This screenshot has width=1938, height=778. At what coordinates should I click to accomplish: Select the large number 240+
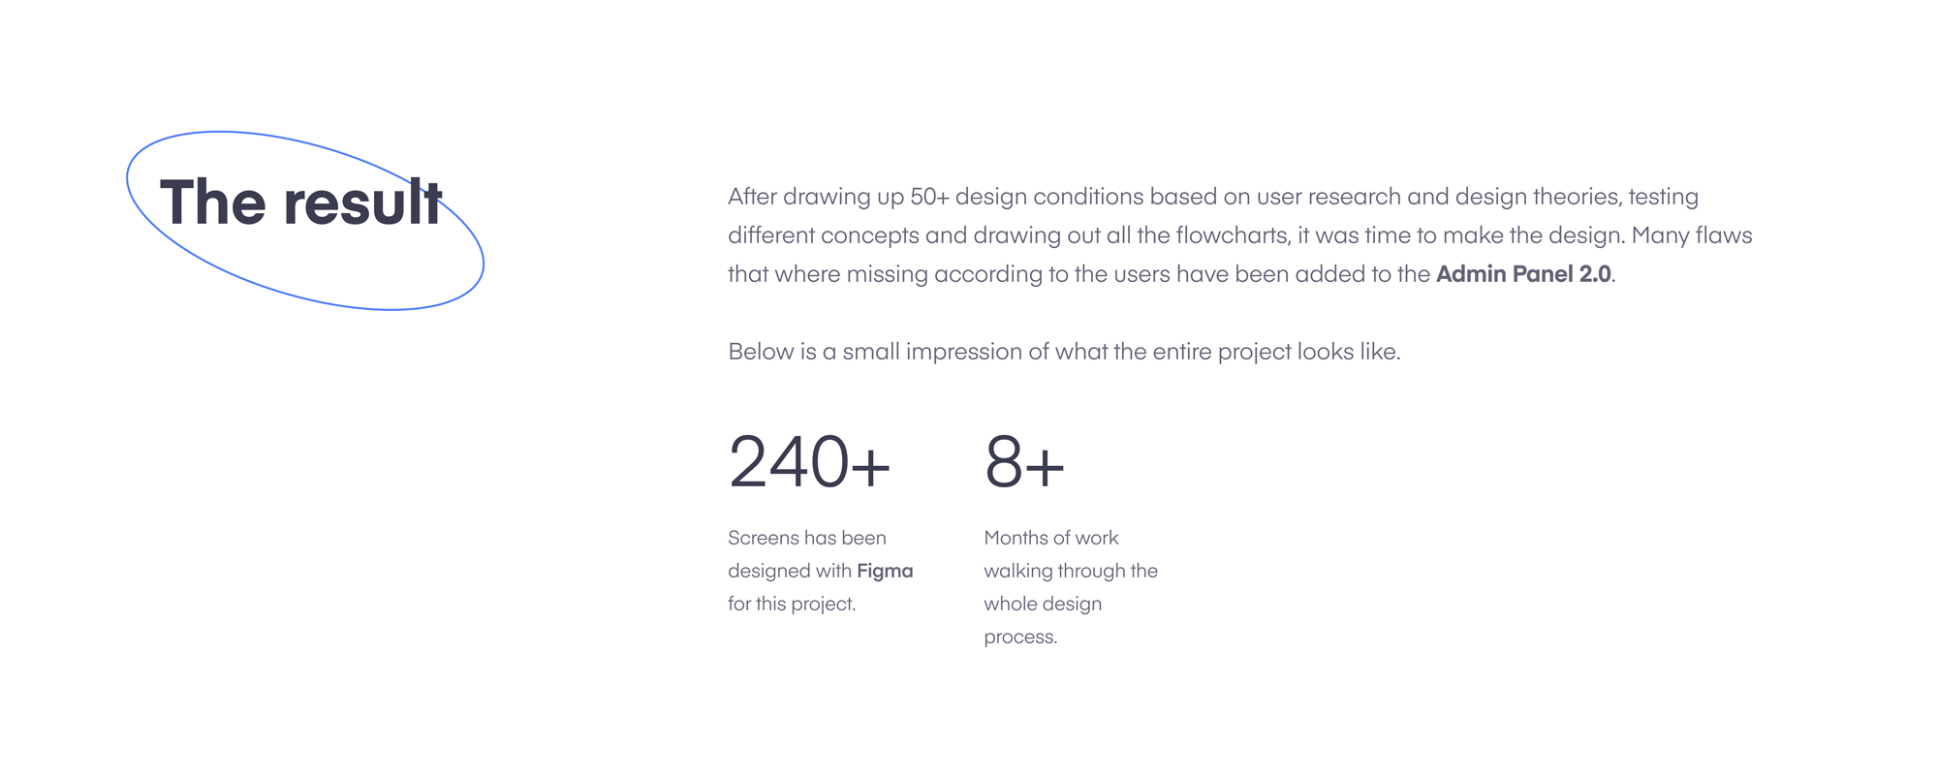coord(809,462)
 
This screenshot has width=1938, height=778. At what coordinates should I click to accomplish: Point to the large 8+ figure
coord(1024,462)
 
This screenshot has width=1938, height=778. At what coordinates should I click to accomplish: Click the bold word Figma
coord(885,572)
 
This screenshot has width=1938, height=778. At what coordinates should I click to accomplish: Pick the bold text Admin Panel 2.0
coord(1523,274)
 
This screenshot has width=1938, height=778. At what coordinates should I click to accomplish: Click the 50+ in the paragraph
coord(929,197)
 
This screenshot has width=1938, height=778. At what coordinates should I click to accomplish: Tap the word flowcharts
coord(1231,235)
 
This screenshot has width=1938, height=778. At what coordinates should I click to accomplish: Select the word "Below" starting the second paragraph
coord(761,352)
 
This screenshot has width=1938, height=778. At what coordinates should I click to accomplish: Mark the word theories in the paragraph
coord(1577,197)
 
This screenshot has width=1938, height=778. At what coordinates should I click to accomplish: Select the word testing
coord(1663,198)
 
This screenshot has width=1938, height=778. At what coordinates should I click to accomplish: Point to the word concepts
coord(869,236)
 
